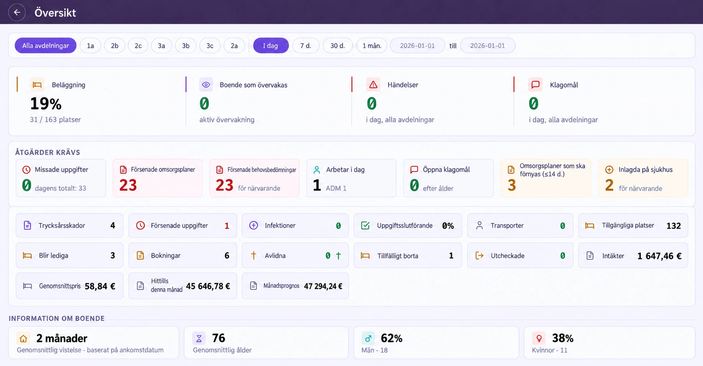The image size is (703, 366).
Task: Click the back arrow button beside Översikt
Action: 17,12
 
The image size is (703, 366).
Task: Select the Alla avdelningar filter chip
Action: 46,46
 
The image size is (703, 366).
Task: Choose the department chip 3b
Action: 186,46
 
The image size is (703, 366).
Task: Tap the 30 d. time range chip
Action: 338,46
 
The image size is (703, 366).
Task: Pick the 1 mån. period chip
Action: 372,46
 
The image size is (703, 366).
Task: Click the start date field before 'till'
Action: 417,46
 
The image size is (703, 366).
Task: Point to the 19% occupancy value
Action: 46,104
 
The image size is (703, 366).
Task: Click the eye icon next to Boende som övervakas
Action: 206,85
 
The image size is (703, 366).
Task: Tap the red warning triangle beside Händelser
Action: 373,85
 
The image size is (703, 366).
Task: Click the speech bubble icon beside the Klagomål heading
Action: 536,85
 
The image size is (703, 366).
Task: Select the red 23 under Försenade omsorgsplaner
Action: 128,185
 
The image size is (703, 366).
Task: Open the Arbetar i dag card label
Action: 345,170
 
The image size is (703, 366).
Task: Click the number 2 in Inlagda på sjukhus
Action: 609,185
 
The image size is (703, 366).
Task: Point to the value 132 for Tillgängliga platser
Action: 673,226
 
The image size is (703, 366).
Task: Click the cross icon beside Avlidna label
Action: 254,256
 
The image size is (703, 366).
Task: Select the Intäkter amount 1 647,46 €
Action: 659,256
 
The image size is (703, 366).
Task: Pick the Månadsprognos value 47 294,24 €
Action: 323,286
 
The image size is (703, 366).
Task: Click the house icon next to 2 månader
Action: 23,338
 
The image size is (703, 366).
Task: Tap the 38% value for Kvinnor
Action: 563,338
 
